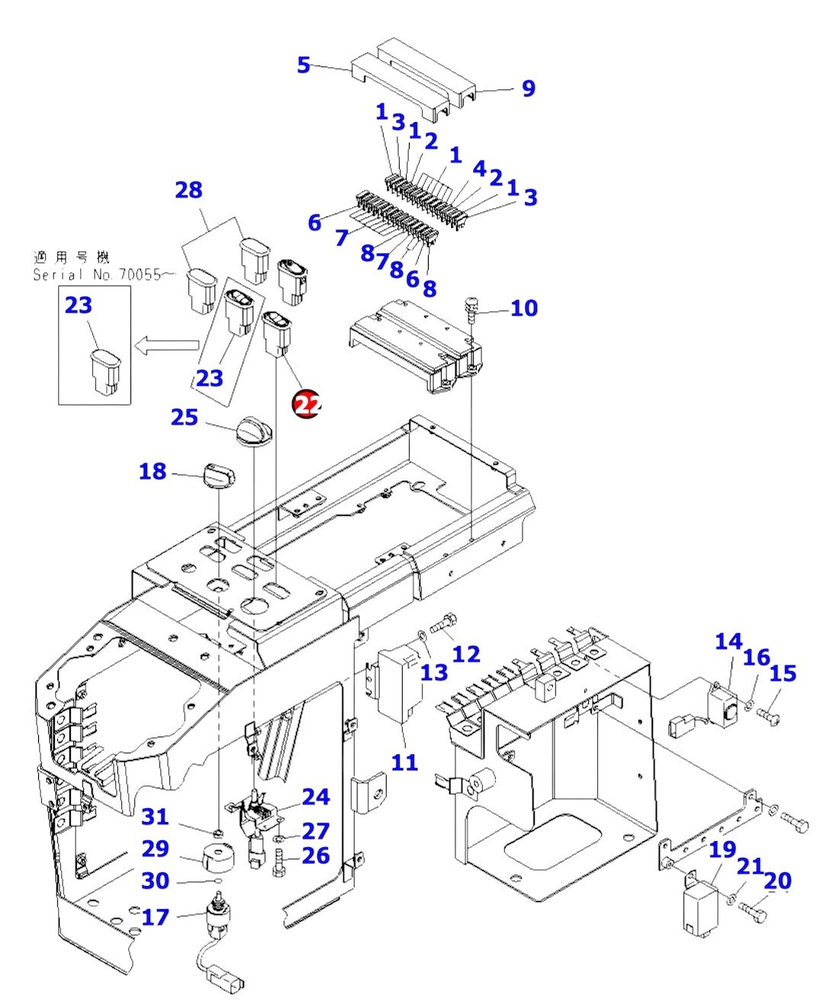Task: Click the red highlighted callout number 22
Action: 307,404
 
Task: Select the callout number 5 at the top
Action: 304,66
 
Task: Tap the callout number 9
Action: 529,88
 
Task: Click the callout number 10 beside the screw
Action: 524,308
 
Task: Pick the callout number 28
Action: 188,190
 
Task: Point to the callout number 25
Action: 184,417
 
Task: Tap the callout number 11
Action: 404,762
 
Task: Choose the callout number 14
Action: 728,641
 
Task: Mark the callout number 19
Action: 722,849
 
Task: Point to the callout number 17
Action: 156,917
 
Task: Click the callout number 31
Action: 156,817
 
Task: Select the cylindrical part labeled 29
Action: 217,856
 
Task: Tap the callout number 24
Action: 316,797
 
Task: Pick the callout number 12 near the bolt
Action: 466,654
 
